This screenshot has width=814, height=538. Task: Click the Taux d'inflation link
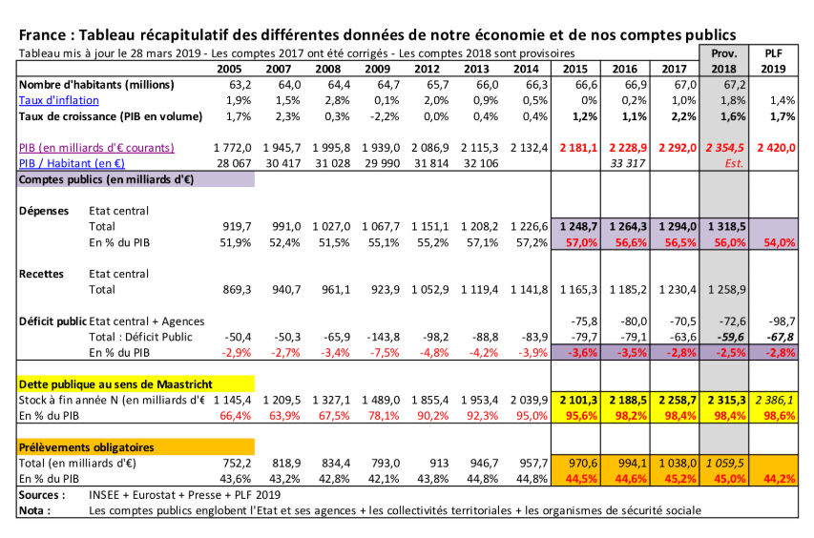58,100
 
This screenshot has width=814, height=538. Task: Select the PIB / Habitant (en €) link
72,163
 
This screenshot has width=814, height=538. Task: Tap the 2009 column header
377,69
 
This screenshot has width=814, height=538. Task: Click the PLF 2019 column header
774,61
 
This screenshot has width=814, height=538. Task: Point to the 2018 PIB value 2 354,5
724,148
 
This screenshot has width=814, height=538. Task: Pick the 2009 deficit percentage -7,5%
384,353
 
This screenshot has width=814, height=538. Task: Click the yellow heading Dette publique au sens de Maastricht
115,384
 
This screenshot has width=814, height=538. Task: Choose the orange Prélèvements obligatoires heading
86,447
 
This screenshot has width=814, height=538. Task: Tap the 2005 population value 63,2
240,85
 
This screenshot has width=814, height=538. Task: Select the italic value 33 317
627,163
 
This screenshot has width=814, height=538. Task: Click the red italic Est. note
734,163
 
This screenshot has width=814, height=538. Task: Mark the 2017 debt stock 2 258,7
678,400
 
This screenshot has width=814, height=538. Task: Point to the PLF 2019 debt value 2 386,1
775,400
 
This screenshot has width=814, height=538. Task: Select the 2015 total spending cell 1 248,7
578,227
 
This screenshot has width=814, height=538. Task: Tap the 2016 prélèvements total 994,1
632,463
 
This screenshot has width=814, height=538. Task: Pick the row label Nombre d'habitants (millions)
96,85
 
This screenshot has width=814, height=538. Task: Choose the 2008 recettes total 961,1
336,289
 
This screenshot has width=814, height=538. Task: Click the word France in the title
43,35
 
